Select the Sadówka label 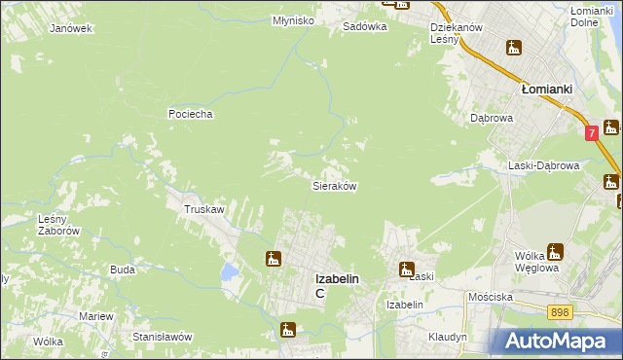[x=365, y=27]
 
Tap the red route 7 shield [x=591, y=132]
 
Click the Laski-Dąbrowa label [x=543, y=165]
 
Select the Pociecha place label [x=190, y=114]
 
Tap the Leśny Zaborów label [x=57, y=225]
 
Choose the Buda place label [x=122, y=269]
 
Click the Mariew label [x=96, y=316]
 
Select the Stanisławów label [x=163, y=336]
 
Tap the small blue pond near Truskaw [x=229, y=271]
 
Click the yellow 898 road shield [x=559, y=311]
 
